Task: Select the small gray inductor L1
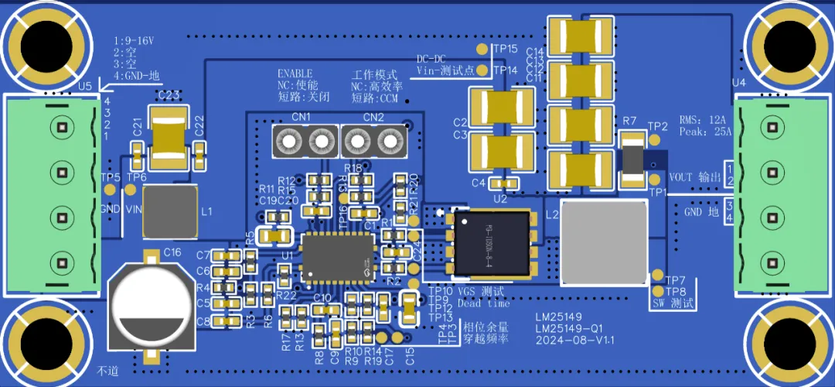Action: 170,210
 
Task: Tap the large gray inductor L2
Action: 603,242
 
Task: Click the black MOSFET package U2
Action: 492,243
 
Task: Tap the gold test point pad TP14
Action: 483,70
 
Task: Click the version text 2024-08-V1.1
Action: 574,340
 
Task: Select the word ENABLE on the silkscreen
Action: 296,73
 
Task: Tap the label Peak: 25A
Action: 704,133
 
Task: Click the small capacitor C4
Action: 505,183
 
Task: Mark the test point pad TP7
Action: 657,276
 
